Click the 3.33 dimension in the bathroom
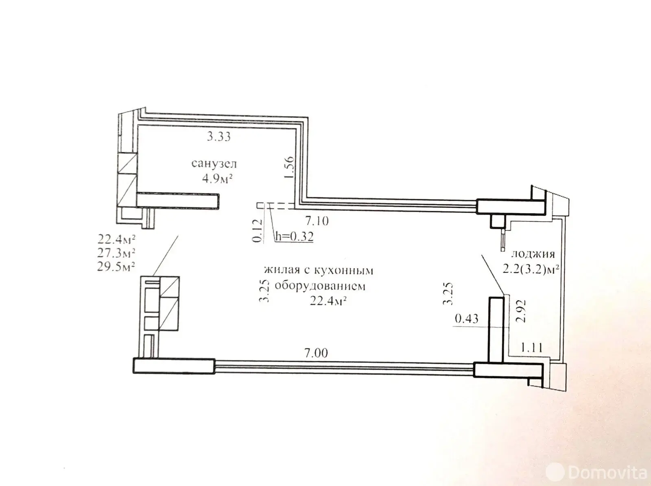pos(218,137)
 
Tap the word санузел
pos(214,163)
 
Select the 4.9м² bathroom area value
pos(217,178)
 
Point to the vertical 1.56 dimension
pos(289,167)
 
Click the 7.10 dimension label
pos(317,221)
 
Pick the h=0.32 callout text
pos(295,236)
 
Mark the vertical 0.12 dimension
pos(258,231)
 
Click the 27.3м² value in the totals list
pos(116,253)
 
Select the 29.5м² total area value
pos(116,267)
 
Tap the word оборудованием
pos(320,286)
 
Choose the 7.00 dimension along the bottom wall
pos(316,353)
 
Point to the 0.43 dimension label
pos(467,318)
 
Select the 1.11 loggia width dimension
pos(532,348)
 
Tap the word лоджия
pos(533,254)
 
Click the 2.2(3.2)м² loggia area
pos(531,270)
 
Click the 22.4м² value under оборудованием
pos(329,301)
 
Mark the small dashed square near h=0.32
pos(260,206)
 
